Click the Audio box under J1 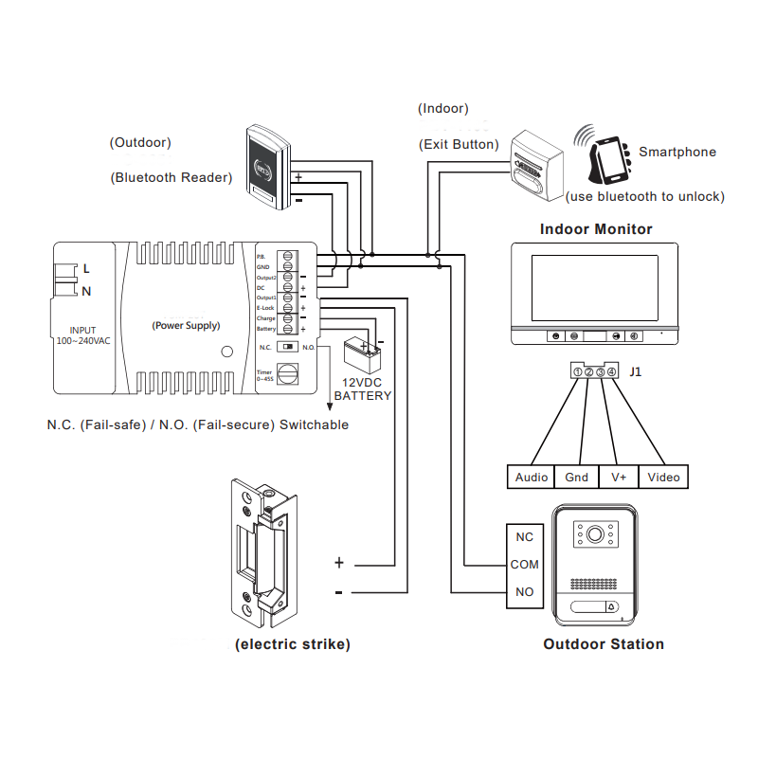tap(532, 478)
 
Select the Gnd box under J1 tap(576, 478)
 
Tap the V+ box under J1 tap(619, 478)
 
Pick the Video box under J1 tap(663, 478)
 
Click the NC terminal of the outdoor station tap(524, 536)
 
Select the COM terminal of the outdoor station tap(524, 565)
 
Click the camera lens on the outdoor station tap(594, 535)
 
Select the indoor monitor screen tap(593, 287)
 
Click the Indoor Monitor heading tap(596, 229)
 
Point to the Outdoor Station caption tap(603, 644)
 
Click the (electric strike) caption tap(293, 644)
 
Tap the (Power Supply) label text tap(186, 325)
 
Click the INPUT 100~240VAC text tap(82, 335)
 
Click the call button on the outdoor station tap(610, 607)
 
